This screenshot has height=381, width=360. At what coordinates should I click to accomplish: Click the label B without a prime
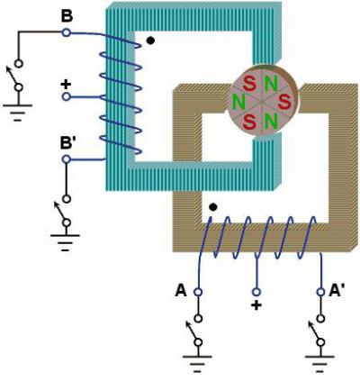67,16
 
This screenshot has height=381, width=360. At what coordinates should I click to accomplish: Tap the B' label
67,143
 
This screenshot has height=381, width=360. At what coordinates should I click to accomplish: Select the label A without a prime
181,291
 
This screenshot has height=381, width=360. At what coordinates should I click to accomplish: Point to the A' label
337,291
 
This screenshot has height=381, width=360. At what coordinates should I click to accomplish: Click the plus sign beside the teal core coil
66,85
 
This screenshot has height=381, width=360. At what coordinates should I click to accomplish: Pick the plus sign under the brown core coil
256,305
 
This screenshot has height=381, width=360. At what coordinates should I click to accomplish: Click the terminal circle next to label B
67,32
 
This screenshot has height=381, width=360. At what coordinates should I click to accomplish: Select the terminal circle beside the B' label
67,159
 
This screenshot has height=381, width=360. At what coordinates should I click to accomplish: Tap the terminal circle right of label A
198,292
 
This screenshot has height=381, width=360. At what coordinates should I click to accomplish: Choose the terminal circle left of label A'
320,292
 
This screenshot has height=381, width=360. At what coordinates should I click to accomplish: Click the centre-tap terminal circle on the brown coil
256,292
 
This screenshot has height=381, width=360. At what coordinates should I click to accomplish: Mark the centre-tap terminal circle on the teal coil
67,96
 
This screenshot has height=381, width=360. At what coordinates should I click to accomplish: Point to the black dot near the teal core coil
151,41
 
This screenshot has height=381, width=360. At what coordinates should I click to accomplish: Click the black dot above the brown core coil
213,207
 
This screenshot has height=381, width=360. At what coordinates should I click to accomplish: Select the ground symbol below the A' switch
319,364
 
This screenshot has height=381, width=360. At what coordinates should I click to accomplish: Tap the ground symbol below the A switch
197,364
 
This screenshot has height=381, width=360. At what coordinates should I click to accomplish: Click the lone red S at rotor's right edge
284,102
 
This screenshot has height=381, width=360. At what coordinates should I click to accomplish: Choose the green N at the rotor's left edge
239,102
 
